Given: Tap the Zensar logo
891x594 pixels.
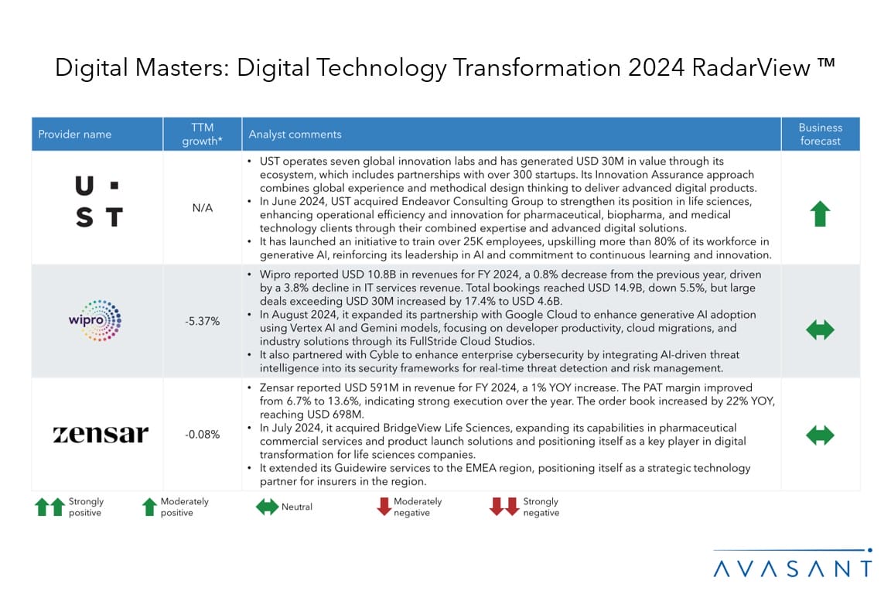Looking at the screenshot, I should coord(101,435).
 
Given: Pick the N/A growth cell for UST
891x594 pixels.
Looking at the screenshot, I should coord(202,207).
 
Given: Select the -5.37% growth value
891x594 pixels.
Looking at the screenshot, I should coord(202,321).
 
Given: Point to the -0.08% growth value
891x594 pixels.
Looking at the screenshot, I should coord(202,435).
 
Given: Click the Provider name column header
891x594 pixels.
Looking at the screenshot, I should coord(75,135).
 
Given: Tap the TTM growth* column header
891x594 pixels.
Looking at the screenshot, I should coord(202,134).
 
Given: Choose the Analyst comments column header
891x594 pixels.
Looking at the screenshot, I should coord(295,135).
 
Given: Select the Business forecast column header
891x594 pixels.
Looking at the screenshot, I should coord(820,134).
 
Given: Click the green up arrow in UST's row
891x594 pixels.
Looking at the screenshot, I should coord(820,213).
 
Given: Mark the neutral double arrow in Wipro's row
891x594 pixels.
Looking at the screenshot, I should coord(820,330).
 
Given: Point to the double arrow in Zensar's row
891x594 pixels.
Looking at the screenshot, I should coord(820,435).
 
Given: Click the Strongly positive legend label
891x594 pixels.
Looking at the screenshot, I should coord(85,507).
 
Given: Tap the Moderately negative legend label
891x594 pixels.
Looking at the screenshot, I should coord(418,507).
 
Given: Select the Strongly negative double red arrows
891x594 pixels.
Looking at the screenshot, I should coord(504,507).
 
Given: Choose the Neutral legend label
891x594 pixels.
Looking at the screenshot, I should coord(297,507).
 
